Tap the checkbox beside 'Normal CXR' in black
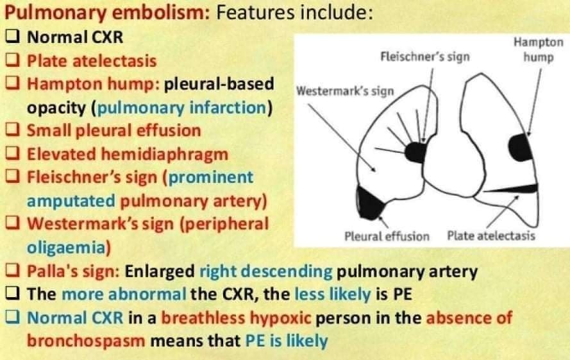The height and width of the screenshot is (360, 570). [13, 37]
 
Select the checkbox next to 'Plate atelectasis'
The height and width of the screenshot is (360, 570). [13, 61]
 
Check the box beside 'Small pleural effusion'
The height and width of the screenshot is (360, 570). [13, 130]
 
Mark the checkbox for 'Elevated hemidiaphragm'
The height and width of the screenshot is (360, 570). [13, 154]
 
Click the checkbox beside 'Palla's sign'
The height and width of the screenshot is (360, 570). [13, 271]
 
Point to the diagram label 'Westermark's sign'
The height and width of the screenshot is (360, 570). [344, 90]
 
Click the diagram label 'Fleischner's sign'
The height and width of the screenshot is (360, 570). [424, 56]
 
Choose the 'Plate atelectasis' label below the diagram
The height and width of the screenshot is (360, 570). [491, 236]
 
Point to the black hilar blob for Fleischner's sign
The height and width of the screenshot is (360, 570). [416, 151]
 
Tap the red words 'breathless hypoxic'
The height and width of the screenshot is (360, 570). [236, 318]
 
